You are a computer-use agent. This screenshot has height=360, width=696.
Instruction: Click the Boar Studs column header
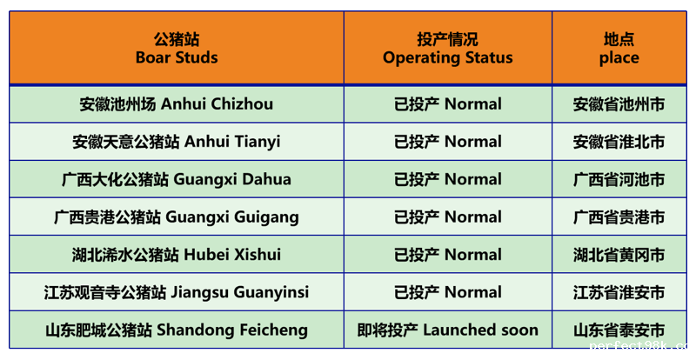point(177,48)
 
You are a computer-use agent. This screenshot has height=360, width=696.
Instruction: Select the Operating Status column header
point(447,48)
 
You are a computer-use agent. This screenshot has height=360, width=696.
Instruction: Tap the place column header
point(619,48)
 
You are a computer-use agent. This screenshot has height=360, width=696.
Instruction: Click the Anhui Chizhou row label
point(177,104)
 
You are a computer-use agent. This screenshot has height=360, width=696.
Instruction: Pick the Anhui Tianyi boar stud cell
point(177,142)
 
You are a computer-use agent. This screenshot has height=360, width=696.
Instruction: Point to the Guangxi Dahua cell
point(177,179)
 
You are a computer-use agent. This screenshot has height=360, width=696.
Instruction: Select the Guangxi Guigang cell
point(177,217)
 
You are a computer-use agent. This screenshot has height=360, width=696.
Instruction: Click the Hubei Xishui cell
point(177,255)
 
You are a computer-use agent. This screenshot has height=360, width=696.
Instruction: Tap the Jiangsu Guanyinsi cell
point(177,292)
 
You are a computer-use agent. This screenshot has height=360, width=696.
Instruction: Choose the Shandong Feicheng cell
point(177,330)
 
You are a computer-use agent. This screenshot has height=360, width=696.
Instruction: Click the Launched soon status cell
point(447,330)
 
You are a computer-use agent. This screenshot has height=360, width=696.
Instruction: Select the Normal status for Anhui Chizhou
point(447,104)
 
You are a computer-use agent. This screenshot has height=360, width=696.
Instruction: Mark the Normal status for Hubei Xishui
point(447,255)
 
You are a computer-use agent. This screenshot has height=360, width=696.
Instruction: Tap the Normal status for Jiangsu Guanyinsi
point(447,292)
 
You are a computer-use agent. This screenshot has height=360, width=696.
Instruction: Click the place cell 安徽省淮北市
point(619,142)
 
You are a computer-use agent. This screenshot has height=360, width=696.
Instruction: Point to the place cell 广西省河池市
point(619,179)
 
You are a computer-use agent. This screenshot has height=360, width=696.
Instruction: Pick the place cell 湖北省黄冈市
point(619,255)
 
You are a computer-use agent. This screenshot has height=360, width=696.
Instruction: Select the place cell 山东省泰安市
point(619,330)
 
